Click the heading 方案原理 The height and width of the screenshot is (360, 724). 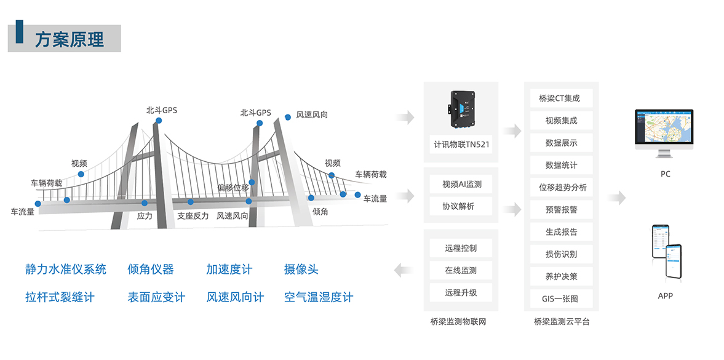(69, 39)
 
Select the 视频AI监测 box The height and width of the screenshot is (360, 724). (461, 184)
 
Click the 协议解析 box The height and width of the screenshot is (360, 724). (461, 206)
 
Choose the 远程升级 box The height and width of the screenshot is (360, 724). (461, 292)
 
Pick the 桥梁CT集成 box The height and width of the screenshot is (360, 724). (561, 98)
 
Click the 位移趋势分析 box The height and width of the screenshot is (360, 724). (561, 187)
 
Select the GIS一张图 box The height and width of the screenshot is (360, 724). (561, 299)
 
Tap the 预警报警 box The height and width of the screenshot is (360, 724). (561, 210)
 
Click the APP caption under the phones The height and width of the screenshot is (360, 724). (665, 296)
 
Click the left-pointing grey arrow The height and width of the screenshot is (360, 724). (404, 269)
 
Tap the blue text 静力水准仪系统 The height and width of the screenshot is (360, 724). (66, 270)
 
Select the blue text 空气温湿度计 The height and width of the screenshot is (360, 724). (319, 298)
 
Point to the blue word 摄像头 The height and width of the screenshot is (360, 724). (301, 270)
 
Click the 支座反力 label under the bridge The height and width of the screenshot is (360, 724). (193, 216)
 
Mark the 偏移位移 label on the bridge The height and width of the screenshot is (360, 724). (233, 187)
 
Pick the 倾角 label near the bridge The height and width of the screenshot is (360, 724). (320, 212)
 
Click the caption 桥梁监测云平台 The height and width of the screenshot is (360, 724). (561, 322)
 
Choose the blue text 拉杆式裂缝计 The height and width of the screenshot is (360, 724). (60, 298)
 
